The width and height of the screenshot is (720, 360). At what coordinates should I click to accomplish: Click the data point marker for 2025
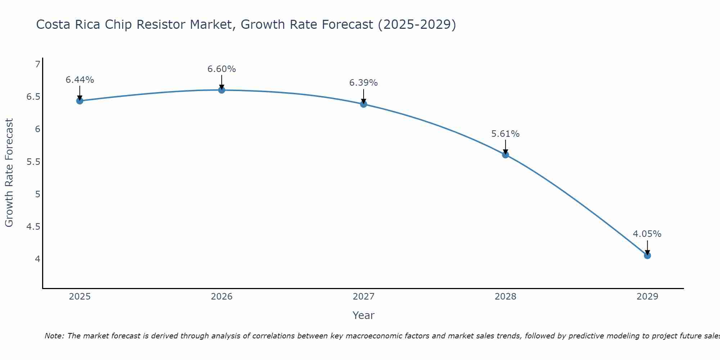click(x=80, y=101)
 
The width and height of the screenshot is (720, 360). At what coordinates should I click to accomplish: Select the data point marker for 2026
click(x=222, y=90)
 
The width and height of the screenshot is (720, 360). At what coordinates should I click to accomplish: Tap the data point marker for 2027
click(x=364, y=104)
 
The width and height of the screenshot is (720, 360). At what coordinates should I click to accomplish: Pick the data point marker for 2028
click(x=505, y=155)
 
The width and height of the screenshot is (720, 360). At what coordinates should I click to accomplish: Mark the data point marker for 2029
click(x=647, y=256)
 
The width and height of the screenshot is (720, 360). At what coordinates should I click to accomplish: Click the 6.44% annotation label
click(x=80, y=80)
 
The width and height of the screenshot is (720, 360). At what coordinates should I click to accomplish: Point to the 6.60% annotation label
click(x=222, y=69)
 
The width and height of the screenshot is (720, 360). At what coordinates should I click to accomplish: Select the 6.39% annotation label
click(x=364, y=83)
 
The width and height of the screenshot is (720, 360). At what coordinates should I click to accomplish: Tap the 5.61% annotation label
click(x=505, y=134)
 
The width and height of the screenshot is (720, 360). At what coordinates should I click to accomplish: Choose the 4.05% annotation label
click(x=647, y=234)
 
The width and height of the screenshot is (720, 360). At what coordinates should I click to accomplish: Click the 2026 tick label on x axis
click(x=222, y=297)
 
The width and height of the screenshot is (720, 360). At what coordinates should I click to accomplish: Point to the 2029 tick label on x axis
click(x=647, y=297)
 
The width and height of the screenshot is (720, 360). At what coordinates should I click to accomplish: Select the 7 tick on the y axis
click(x=37, y=64)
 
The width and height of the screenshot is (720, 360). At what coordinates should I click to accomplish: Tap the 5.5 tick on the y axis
click(x=33, y=162)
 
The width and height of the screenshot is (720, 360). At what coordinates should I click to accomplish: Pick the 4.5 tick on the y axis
click(x=33, y=226)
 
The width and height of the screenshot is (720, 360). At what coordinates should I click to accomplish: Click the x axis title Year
click(x=364, y=315)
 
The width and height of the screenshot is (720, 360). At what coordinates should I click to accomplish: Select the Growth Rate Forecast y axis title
click(x=9, y=173)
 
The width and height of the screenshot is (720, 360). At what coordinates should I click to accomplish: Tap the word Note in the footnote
click(x=54, y=336)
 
